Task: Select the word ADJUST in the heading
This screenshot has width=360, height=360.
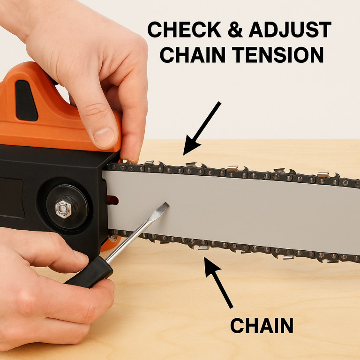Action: [290, 31]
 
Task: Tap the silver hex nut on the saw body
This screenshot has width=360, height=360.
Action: [63, 208]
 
